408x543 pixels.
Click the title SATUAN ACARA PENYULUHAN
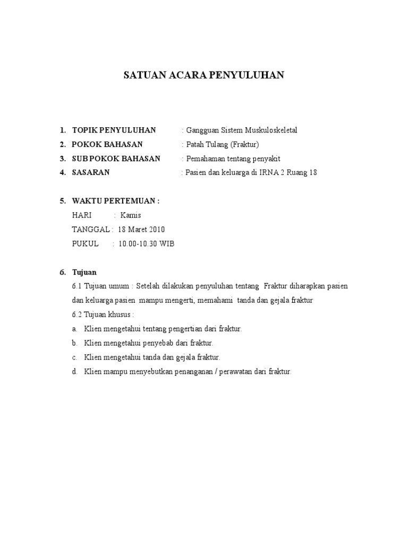(204, 75)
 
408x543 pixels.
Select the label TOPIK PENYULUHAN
(114, 130)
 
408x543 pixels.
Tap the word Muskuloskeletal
(270, 130)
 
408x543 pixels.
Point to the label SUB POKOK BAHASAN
(116, 159)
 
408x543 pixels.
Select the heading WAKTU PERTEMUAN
(115, 201)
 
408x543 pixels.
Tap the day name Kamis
(131, 215)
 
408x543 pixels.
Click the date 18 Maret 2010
(141, 230)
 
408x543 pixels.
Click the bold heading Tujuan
(84, 273)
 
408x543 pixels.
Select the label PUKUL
(85, 244)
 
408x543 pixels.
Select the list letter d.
(75, 372)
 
